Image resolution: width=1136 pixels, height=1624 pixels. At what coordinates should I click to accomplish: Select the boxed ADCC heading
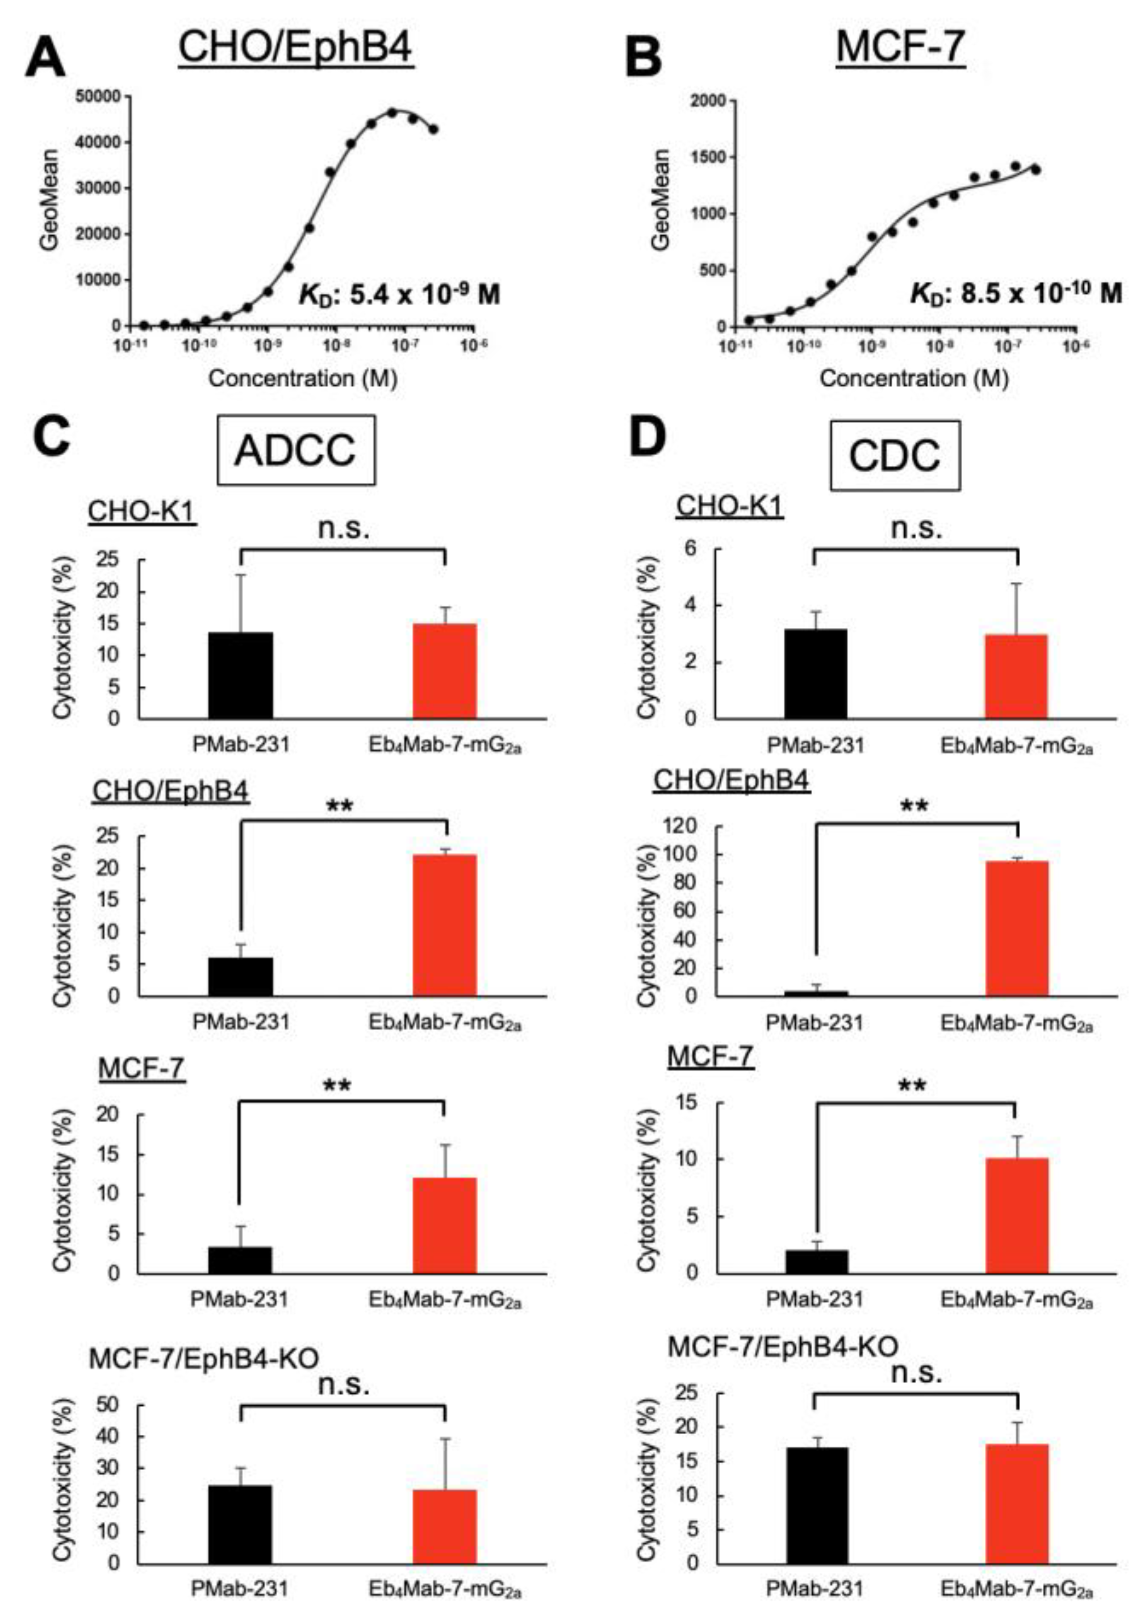pyautogui.click(x=295, y=450)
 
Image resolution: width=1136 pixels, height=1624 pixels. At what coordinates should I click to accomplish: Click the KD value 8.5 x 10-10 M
pyautogui.click(x=1015, y=293)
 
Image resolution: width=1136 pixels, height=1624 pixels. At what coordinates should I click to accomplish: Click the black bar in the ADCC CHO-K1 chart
pyautogui.click(x=241, y=676)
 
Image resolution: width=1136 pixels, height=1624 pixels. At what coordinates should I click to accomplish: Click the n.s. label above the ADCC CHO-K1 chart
pyautogui.click(x=344, y=528)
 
